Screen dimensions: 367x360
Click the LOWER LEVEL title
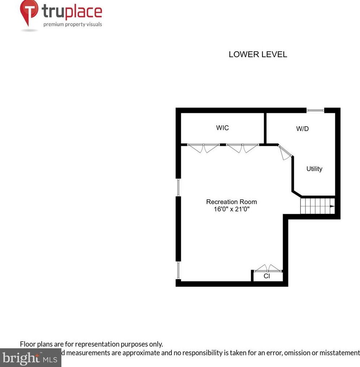click(258, 55)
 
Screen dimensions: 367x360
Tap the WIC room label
click(222, 128)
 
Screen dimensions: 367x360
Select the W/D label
click(303, 129)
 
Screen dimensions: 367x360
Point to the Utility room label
click(314, 169)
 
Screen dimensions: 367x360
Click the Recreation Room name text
click(231, 202)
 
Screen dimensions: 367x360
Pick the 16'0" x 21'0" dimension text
click(231, 209)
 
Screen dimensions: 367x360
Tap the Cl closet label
click(267, 276)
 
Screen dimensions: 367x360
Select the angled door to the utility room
click(286, 152)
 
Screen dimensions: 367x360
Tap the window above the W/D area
click(315, 110)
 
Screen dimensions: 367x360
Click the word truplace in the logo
click(72, 13)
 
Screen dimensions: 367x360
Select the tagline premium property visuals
click(73, 25)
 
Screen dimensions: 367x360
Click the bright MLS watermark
click(31, 358)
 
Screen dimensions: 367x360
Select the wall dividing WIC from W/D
click(265, 128)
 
